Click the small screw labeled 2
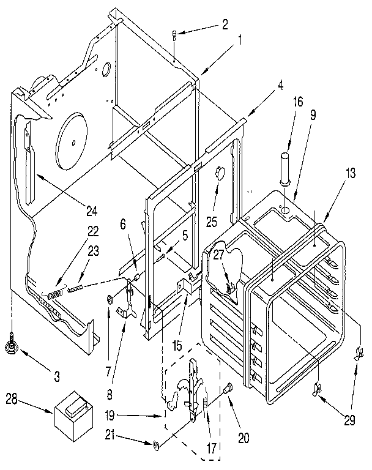click(176, 36)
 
